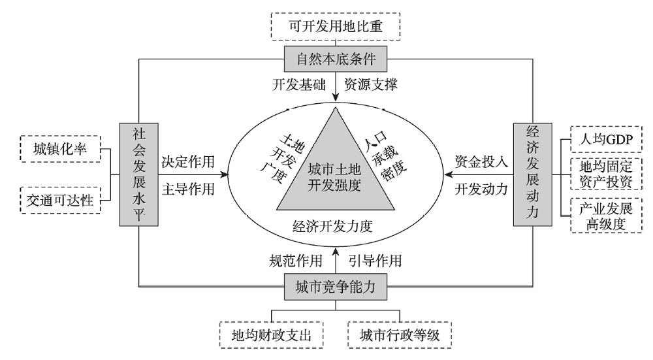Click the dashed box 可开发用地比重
335,27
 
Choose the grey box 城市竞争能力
335,287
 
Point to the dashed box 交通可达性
61,199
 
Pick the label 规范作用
296,261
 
